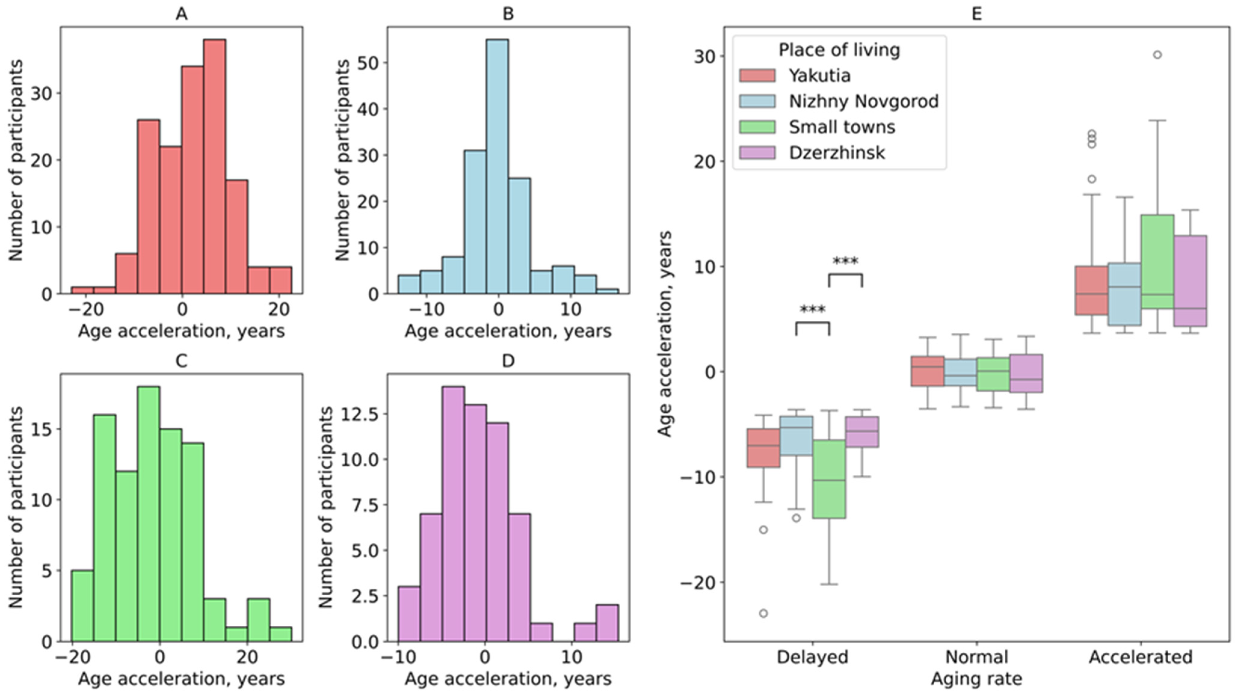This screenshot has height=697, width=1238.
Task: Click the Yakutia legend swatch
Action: point(757,76)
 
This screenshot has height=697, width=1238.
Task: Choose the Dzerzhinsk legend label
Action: point(836,153)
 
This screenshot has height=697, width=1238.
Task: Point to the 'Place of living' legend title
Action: point(839,50)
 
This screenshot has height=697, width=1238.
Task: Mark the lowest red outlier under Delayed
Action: point(763,613)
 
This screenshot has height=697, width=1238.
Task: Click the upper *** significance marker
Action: point(845,261)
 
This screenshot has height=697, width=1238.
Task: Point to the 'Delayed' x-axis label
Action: point(812,657)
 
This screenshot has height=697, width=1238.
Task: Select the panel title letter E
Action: point(977,14)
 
